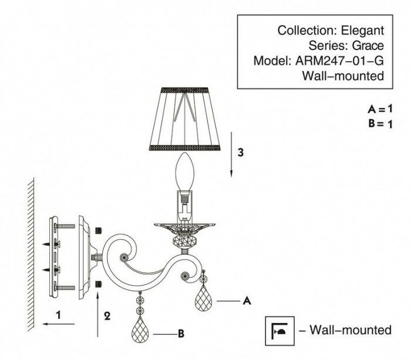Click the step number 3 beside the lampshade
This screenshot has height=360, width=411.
(241, 152)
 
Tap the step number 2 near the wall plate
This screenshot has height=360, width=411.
(107, 315)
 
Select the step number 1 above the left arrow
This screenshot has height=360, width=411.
(58, 315)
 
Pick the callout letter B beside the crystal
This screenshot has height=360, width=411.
(182, 334)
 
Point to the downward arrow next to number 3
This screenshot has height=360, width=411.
(232, 155)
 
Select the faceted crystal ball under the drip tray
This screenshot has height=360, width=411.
(185, 241)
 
